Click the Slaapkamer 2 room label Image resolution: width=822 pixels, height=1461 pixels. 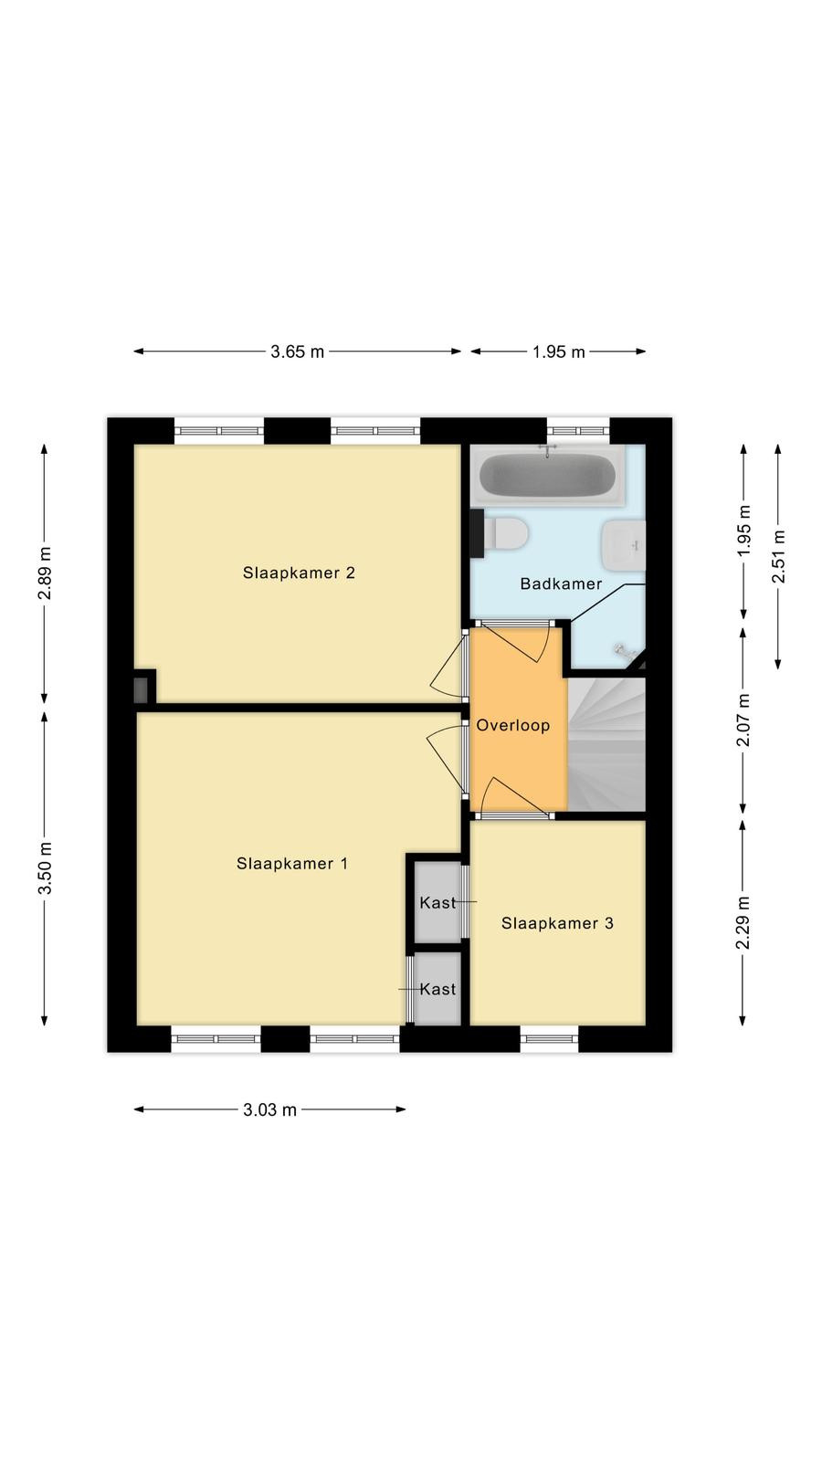point(299,573)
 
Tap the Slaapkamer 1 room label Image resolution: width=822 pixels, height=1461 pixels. point(292,864)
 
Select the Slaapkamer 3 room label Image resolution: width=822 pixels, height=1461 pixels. point(557,923)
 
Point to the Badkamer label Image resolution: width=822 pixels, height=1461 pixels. point(561,583)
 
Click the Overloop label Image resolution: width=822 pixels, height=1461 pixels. point(512,725)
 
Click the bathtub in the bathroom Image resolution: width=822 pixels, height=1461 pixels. point(547,474)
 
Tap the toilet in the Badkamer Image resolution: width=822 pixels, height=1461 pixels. point(505,533)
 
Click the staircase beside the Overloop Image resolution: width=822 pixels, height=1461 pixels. point(606,743)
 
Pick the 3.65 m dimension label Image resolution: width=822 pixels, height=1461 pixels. point(298,352)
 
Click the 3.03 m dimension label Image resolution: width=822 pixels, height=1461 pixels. point(270,1109)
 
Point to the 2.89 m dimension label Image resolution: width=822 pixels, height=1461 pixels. point(45,573)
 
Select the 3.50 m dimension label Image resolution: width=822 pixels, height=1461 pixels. point(45,867)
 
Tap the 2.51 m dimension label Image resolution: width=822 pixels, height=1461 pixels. point(778,557)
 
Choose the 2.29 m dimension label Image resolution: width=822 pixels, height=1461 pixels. point(743,922)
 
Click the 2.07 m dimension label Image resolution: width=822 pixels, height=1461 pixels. point(743,720)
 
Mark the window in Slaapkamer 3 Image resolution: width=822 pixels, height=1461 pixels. point(549,1038)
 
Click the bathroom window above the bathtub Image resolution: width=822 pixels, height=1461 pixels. point(578,430)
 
